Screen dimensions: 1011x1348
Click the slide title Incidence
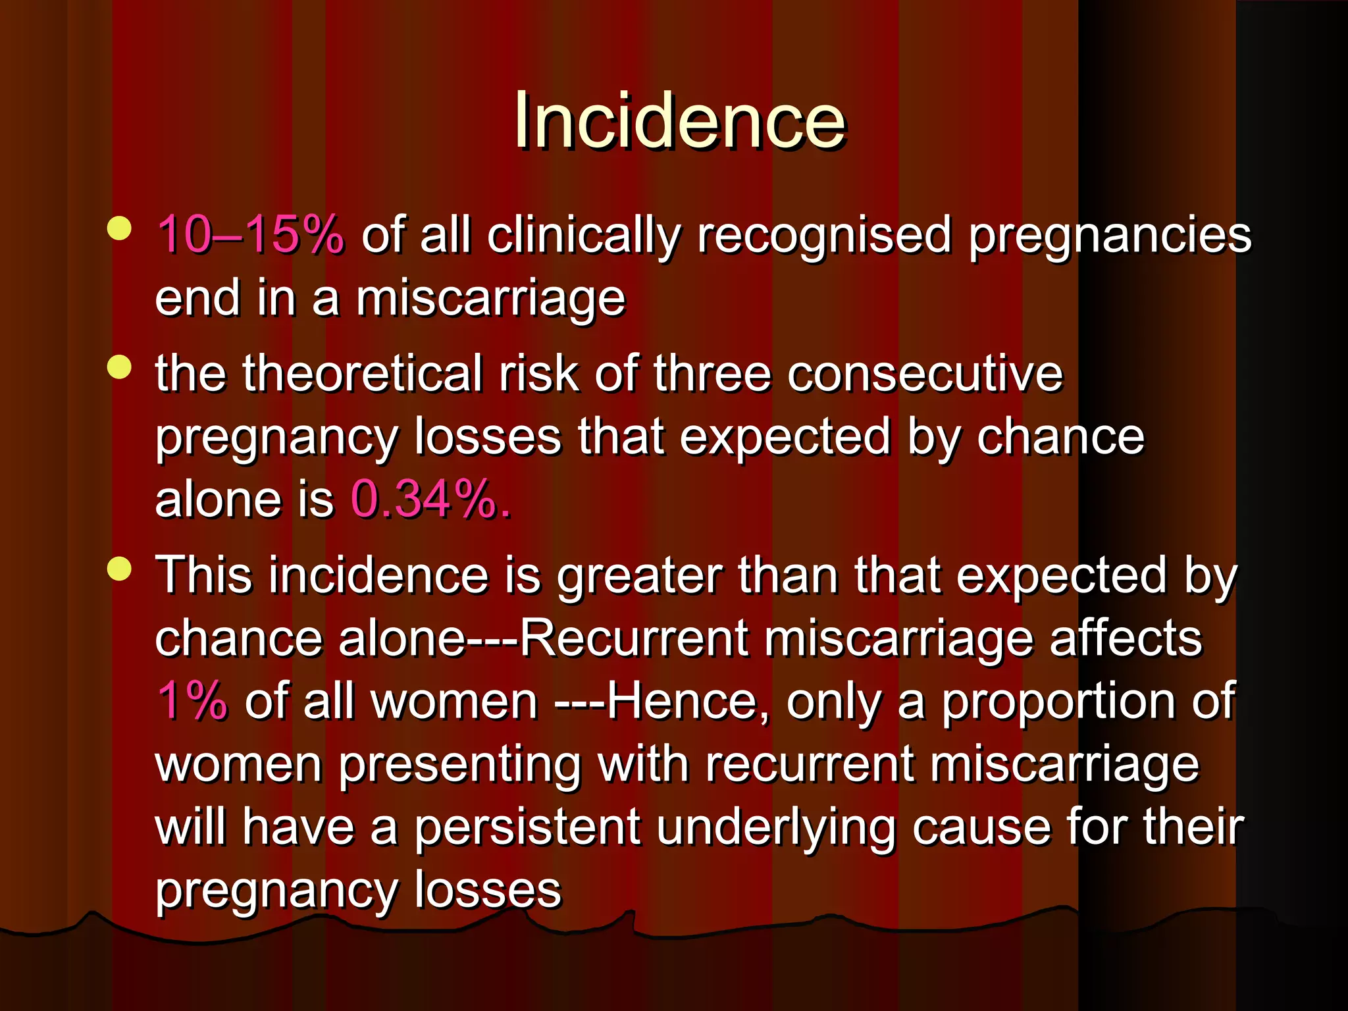point(679,121)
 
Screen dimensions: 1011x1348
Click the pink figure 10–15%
point(250,235)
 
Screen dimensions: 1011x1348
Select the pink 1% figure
point(192,701)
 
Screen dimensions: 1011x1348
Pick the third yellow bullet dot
point(119,569)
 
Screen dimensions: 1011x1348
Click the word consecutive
point(925,374)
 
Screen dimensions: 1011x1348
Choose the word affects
point(1126,638)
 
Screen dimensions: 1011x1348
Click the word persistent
point(527,828)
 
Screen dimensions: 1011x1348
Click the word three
point(712,374)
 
